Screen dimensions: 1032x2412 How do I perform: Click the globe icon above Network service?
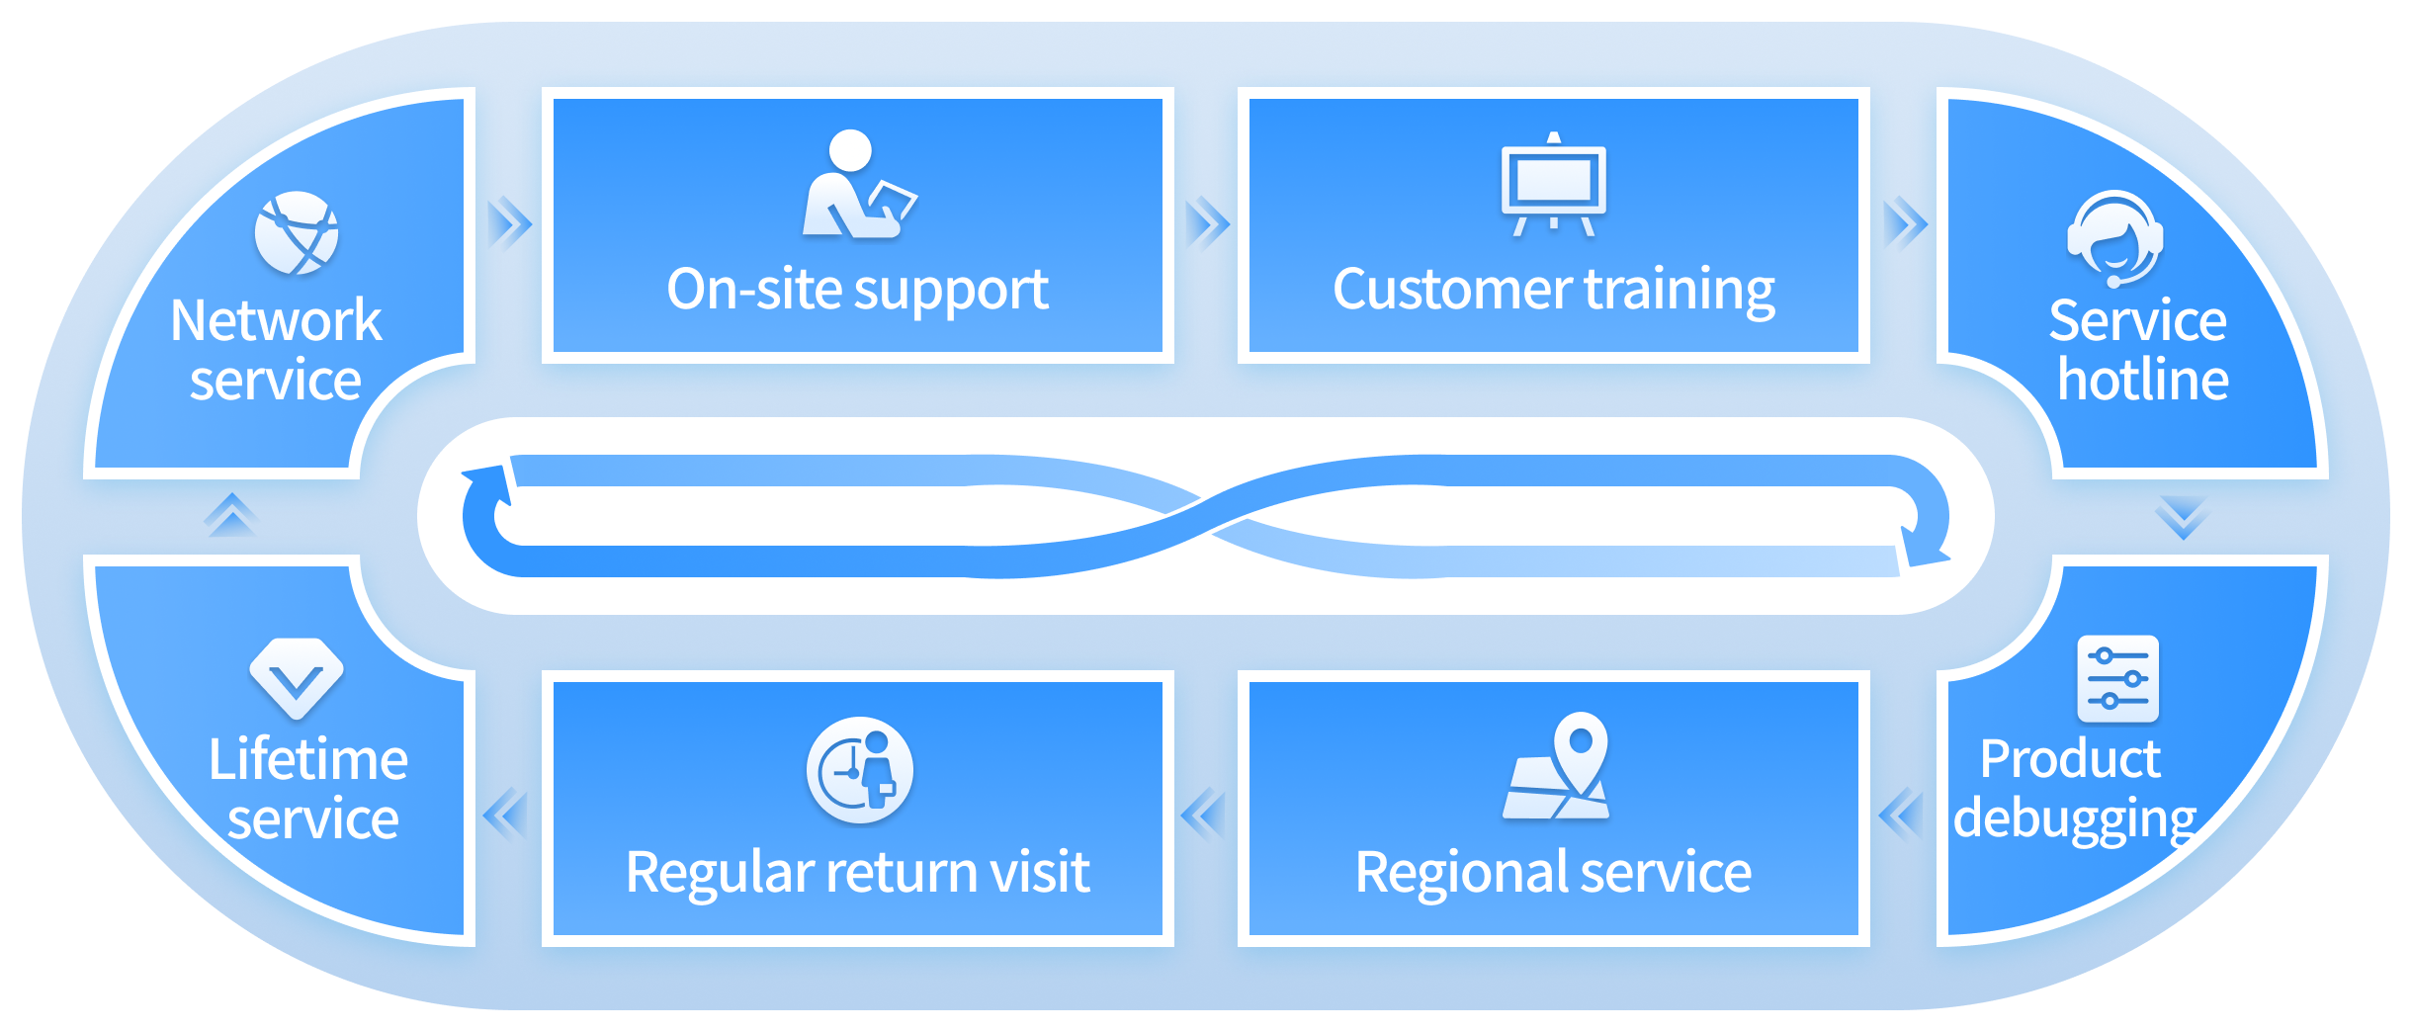coord(297,233)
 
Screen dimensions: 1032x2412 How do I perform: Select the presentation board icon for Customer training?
coord(1553,184)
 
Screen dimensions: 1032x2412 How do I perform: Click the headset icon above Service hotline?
coord(2114,238)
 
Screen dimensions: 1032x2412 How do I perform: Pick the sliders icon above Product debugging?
coord(2117,679)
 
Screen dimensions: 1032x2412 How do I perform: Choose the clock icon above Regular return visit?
coord(859,770)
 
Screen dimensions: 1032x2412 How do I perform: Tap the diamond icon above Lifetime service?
coord(297,678)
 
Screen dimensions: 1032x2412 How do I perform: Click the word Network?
coord(276,320)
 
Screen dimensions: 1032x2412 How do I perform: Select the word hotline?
coord(2142,381)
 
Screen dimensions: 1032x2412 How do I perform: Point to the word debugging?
coord(2075,819)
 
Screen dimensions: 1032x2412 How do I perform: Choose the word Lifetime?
coord(307,759)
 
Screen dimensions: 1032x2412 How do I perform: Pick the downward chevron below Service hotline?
coord(2182,517)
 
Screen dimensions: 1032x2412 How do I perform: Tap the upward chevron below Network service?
coord(230,514)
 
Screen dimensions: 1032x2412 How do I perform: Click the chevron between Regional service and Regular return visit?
coord(1203,815)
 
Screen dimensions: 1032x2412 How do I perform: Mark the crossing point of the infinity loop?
coord(1206,516)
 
